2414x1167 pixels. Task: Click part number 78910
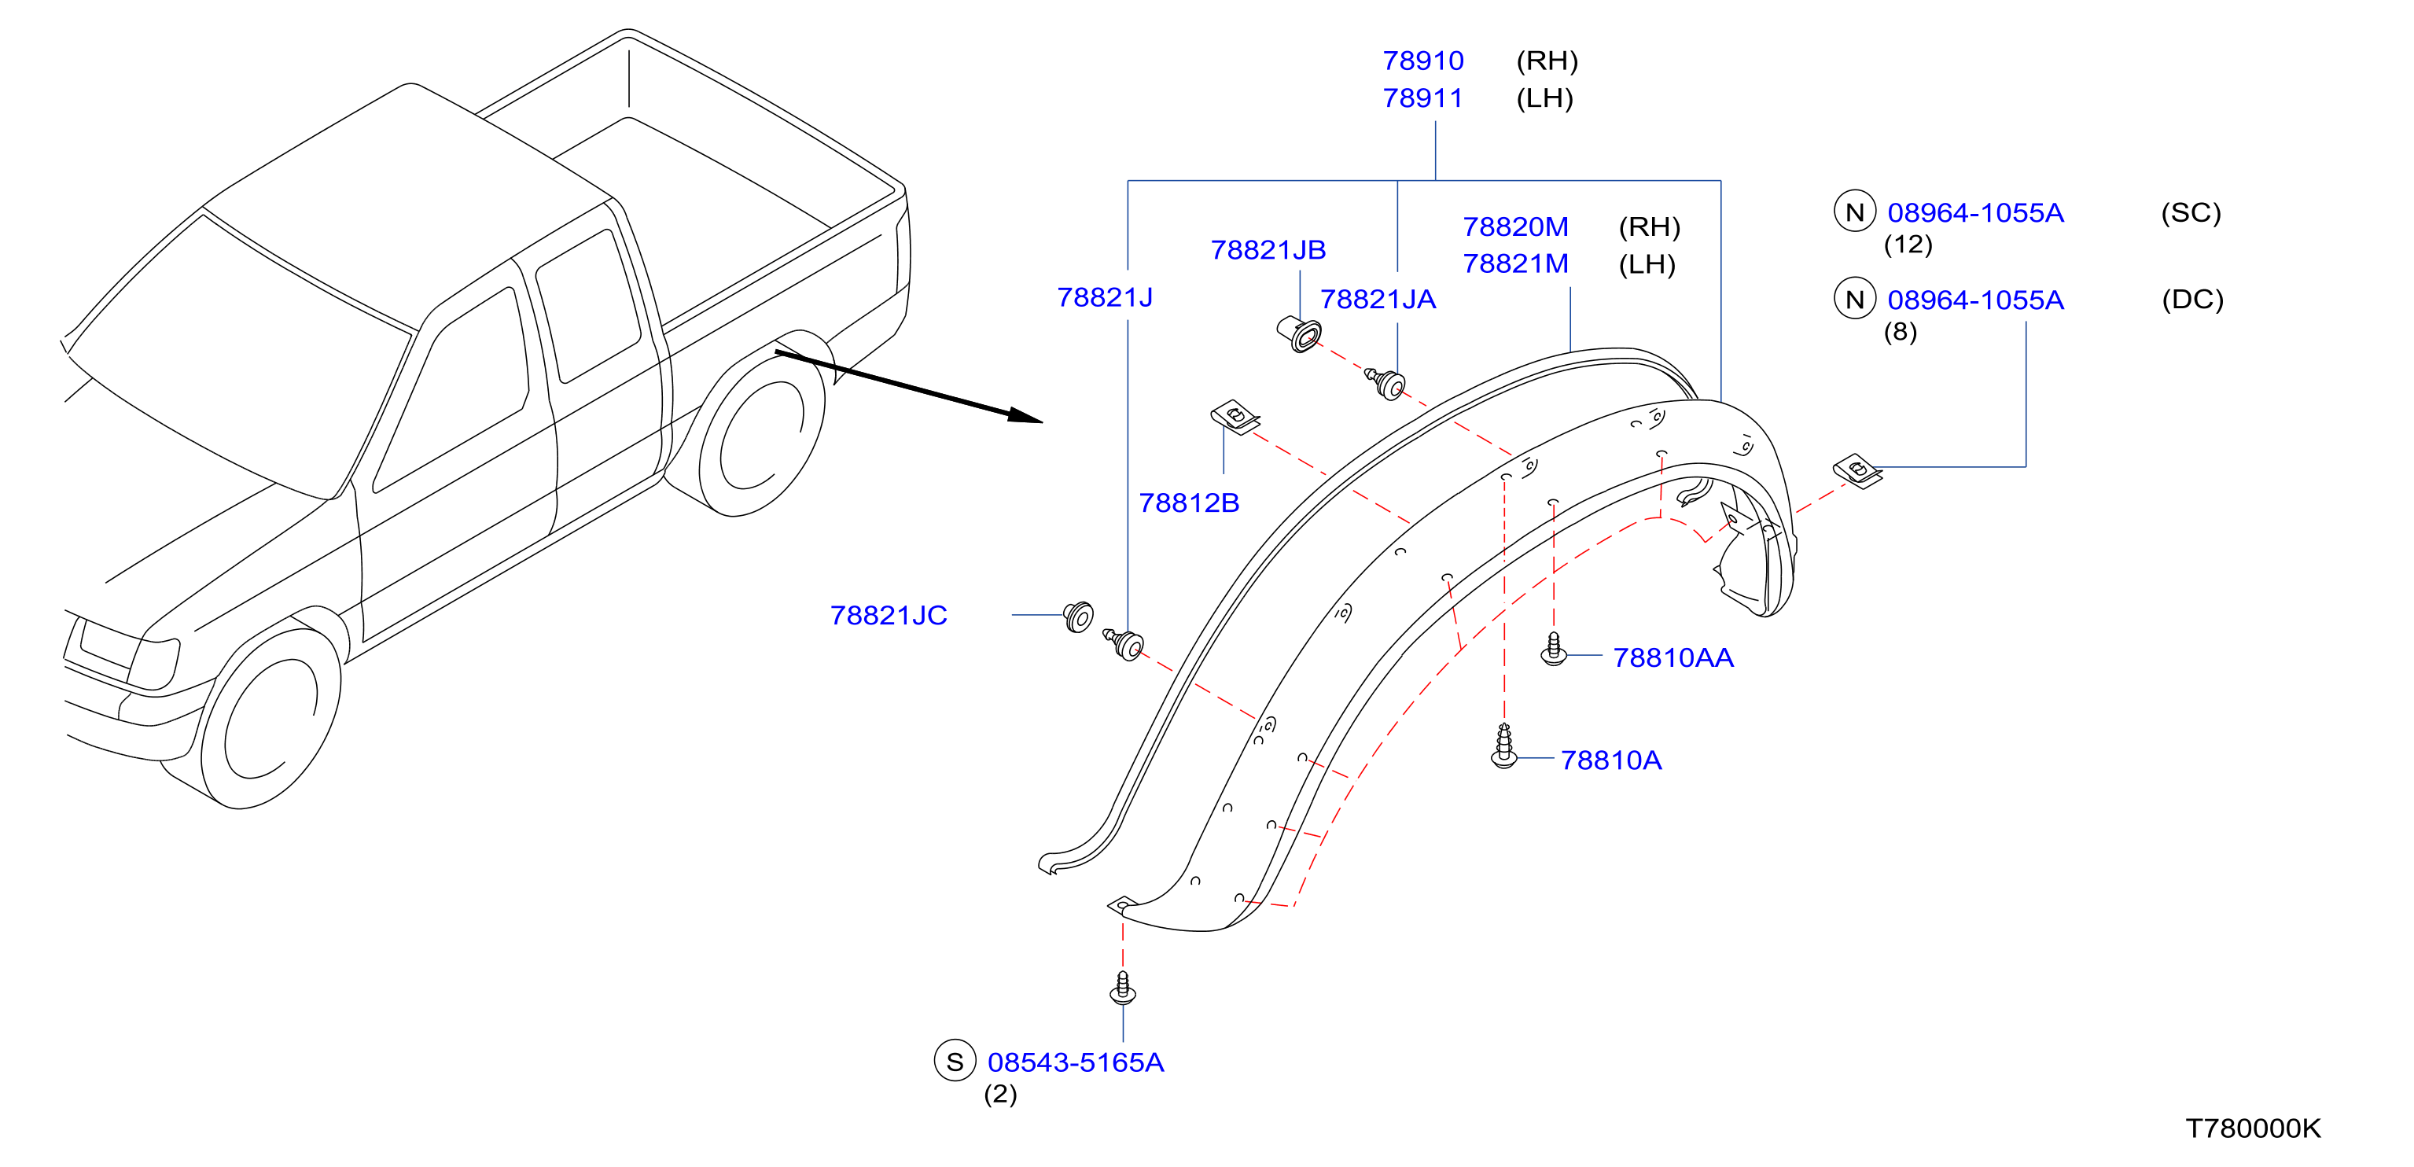click(x=1422, y=61)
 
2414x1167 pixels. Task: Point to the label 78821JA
click(x=1378, y=299)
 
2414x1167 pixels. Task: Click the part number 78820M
click(x=1515, y=226)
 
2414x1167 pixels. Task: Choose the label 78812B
click(x=1188, y=503)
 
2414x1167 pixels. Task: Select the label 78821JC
click(x=889, y=616)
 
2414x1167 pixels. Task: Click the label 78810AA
click(x=1673, y=658)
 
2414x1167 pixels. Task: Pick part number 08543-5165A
click(x=1076, y=1063)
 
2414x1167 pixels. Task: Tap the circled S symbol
click(x=955, y=1061)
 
